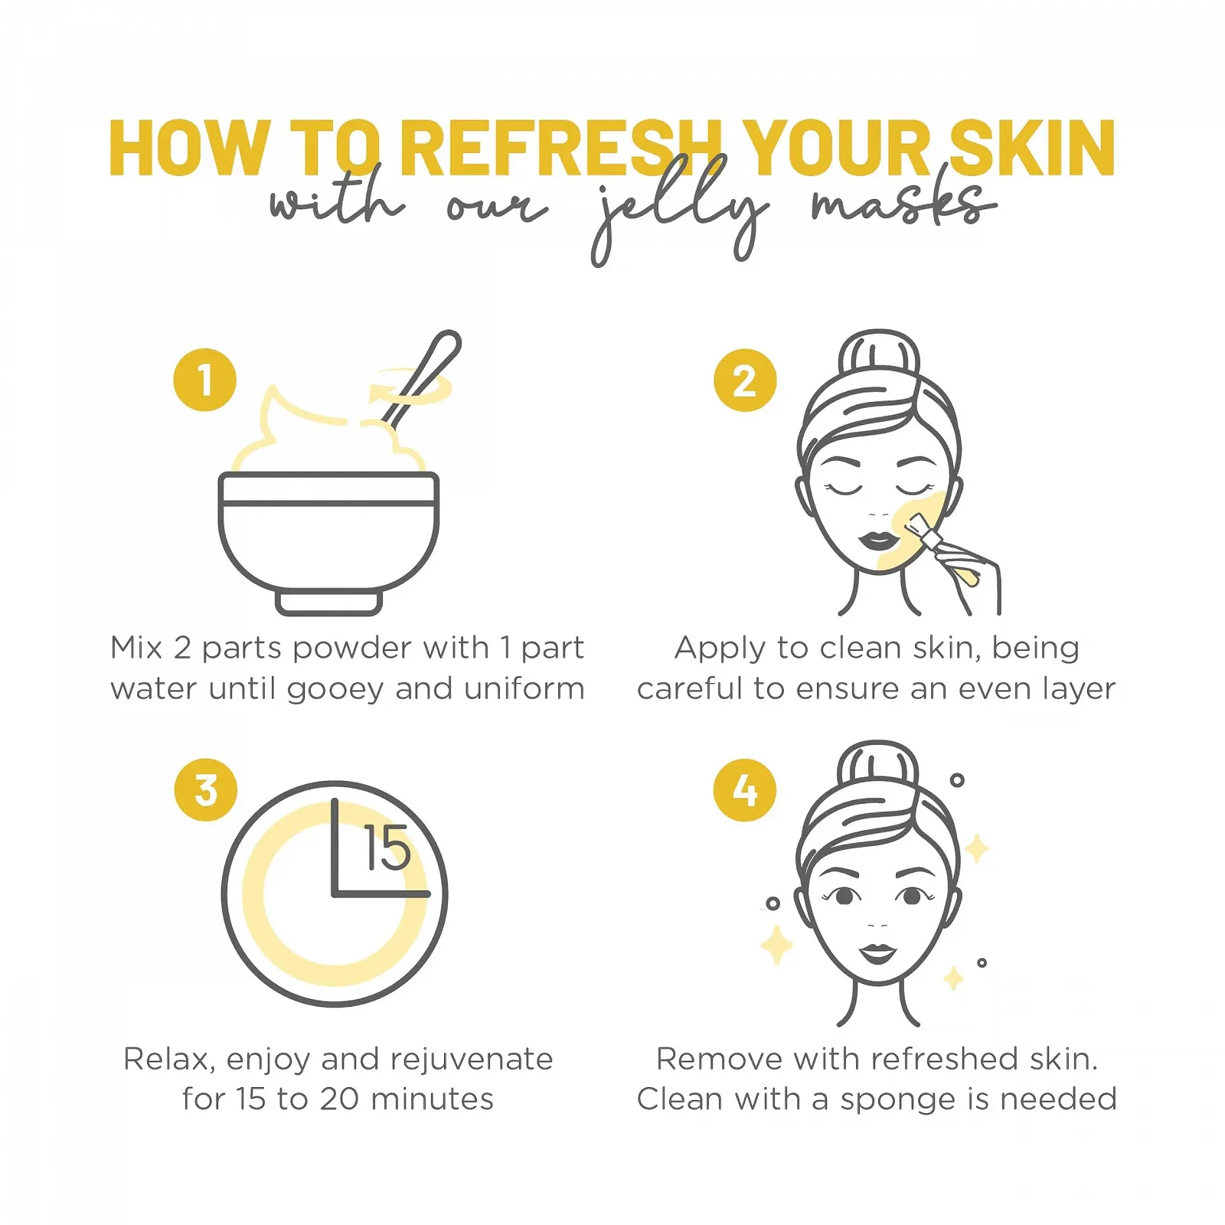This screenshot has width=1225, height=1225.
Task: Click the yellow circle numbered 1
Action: pos(204,381)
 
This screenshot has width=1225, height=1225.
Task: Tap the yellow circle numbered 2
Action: pos(744,381)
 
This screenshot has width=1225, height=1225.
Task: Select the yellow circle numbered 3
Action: pos(205,790)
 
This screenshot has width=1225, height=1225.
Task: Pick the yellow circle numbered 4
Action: pos(744,790)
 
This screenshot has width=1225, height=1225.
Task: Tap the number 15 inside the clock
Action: pos(387,848)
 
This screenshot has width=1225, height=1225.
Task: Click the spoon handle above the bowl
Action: pos(429,367)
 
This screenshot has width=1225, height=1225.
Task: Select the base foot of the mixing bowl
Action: pos(328,603)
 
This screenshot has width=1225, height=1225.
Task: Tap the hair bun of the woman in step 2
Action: pos(878,354)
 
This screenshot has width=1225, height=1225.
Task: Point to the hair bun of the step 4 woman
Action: pos(877,764)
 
